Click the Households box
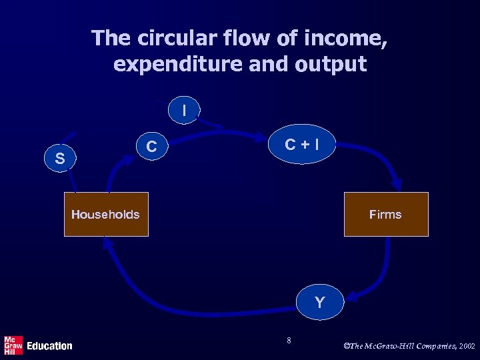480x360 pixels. coord(105,214)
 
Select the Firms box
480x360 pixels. coord(385,214)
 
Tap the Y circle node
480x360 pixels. coord(320,303)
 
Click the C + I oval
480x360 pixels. coord(301,144)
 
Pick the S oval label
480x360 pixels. coord(60,159)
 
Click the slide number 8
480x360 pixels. coord(289,341)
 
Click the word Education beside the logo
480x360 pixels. coord(49,345)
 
